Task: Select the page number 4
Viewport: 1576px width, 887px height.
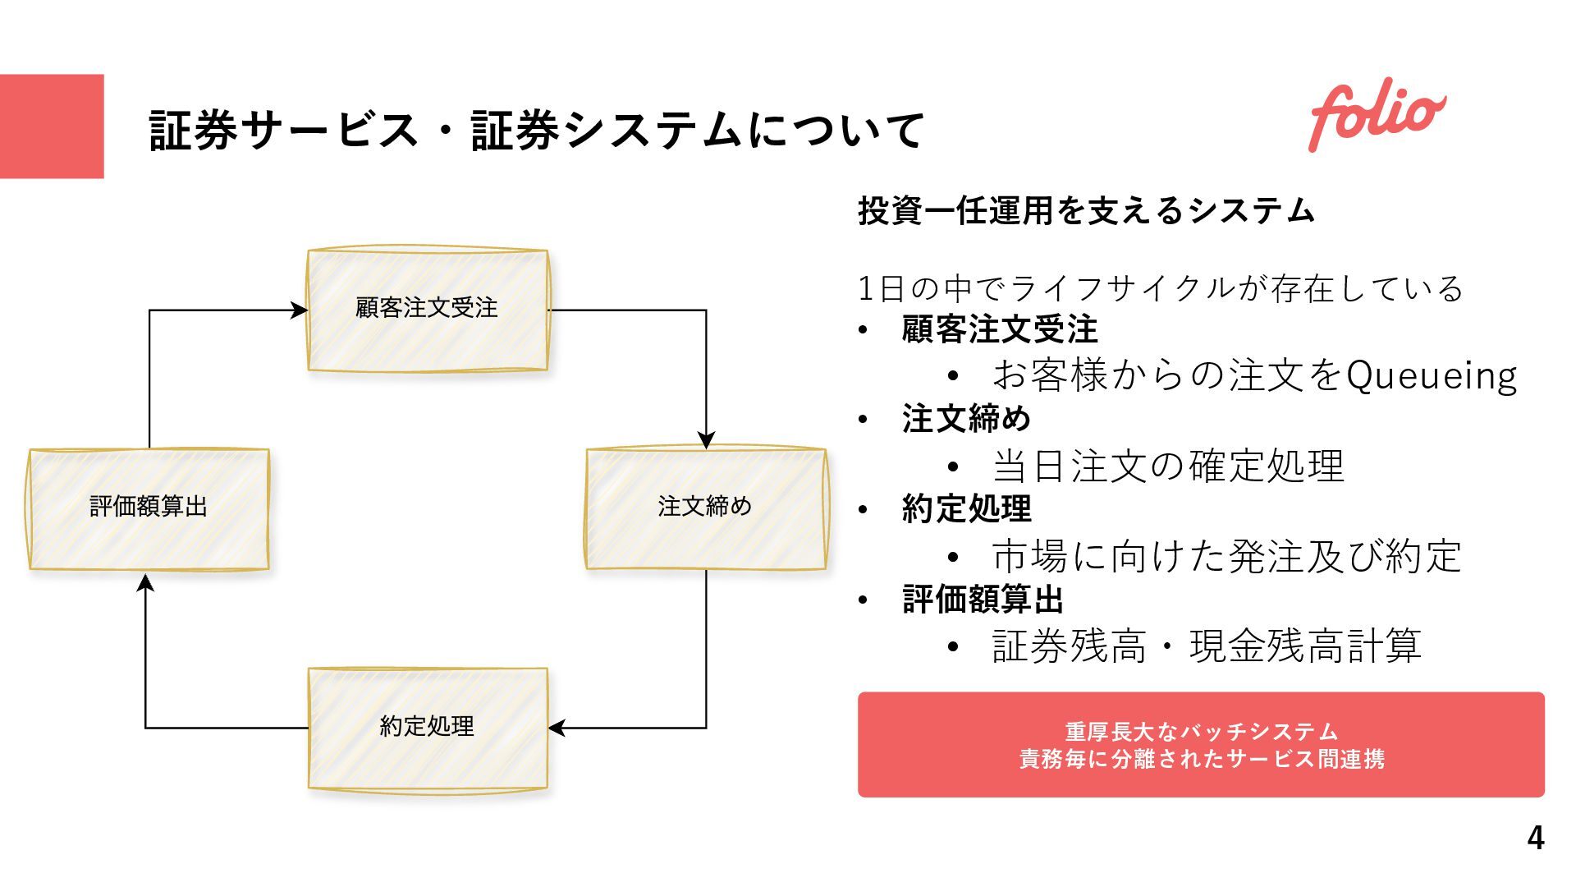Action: click(1535, 838)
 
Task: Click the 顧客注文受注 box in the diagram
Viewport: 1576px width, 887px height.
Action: click(427, 310)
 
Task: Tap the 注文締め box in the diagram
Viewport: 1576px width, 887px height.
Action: click(705, 508)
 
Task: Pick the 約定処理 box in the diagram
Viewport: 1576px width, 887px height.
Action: click(427, 728)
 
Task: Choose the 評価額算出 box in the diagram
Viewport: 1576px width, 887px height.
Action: click(149, 508)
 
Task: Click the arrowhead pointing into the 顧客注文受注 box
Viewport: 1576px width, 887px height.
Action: click(300, 310)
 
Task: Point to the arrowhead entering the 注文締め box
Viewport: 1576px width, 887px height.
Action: click(706, 440)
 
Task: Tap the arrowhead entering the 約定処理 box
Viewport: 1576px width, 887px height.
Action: click(557, 728)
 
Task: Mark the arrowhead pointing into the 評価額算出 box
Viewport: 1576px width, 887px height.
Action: click(145, 582)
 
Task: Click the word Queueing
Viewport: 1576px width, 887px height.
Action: click(1432, 376)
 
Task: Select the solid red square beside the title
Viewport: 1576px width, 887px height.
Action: click(52, 126)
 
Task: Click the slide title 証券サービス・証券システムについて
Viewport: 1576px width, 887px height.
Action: click(537, 130)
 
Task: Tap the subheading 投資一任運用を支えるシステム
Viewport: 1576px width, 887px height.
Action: click(1086, 211)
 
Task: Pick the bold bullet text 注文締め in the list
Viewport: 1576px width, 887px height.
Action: click(966, 419)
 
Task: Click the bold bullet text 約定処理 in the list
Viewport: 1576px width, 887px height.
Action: click(966, 509)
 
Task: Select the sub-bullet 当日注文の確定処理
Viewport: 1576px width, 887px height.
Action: click(1167, 466)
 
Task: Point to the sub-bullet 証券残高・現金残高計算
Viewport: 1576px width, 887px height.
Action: click(1207, 646)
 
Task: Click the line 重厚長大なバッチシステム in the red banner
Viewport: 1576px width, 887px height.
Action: click(1201, 731)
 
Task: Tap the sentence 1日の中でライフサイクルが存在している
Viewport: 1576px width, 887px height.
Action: click(1160, 288)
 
